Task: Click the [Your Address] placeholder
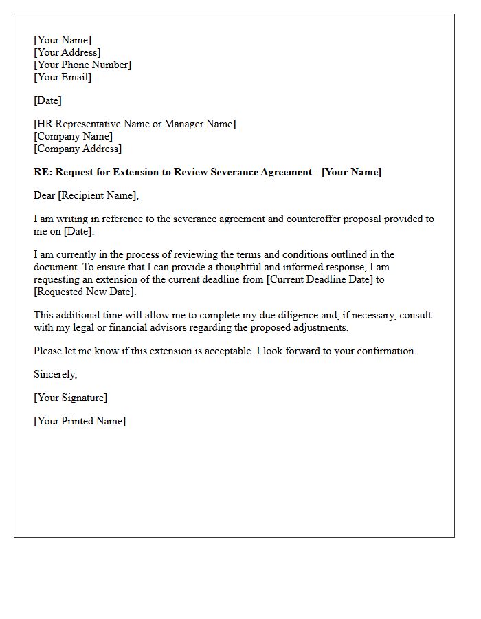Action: [x=67, y=52]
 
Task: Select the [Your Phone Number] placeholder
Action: [x=82, y=65]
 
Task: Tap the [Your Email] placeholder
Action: [x=63, y=77]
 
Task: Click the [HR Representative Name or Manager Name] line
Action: [x=135, y=124]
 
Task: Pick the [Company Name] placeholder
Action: [x=73, y=136]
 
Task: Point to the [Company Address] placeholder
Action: [x=78, y=149]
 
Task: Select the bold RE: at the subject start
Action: [x=42, y=172]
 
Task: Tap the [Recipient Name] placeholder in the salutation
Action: [x=98, y=195]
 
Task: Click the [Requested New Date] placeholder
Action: [x=85, y=292]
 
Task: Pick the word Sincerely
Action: [x=55, y=374]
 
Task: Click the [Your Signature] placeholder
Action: [x=71, y=398]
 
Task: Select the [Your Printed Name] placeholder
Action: [x=80, y=421]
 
